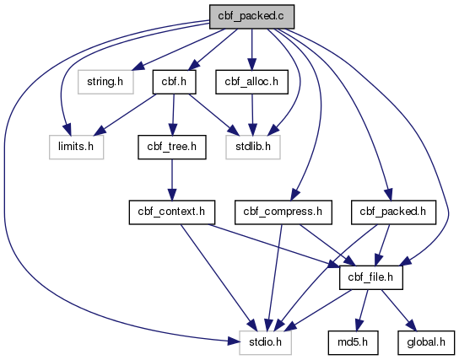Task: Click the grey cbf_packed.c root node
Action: [251, 17]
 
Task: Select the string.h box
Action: [105, 82]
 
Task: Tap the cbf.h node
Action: [174, 82]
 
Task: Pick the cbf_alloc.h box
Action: [251, 82]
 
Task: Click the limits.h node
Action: [76, 147]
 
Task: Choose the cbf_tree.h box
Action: [172, 147]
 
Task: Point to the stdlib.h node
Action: [253, 147]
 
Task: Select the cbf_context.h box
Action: [172, 212]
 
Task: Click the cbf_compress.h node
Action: [283, 212]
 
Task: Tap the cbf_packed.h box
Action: [393, 212]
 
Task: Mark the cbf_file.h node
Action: [371, 277]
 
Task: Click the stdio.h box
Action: [265, 343]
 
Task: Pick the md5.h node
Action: [353, 343]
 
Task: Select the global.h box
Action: [426, 343]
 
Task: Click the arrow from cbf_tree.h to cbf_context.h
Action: [172, 180]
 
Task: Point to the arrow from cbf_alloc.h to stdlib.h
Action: [252, 115]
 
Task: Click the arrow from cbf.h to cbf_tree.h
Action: [173, 115]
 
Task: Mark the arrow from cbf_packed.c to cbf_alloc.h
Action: [252, 50]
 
